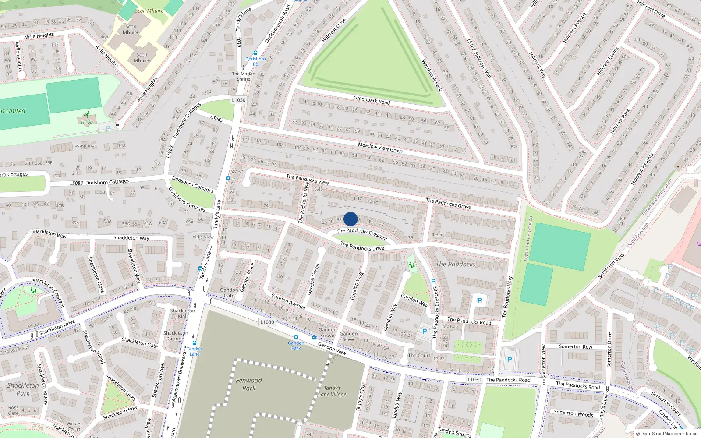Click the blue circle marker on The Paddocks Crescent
[350, 219]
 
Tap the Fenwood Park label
[249, 384]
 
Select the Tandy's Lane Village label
[332, 391]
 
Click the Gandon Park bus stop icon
[296, 338]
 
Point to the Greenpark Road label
[372, 100]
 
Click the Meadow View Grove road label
[380, 148]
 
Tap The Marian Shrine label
[244, 76]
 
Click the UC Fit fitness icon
[87, 114]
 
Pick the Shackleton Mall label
[183, 313]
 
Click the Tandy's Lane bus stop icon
[194, 344]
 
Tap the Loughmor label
[85, 145]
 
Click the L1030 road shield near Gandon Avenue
[267, 322]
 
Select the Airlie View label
[203, 237]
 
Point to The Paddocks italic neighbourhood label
[456, 264]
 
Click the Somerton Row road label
[575, 346]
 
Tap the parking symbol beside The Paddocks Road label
[479, 300]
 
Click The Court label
[419, 355]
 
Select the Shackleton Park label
[23, 389]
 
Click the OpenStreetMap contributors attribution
[667, 434]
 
